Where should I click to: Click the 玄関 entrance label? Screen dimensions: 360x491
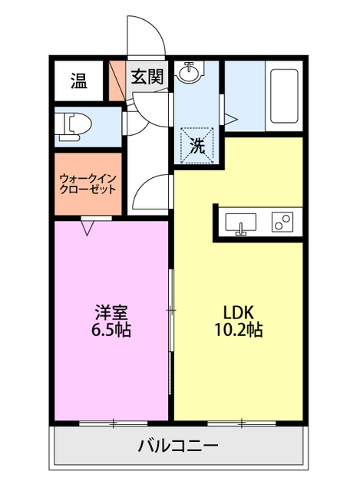[x=147, y=77]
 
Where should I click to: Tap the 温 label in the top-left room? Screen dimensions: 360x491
[x=78, y=81]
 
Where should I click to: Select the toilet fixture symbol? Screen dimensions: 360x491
[x=74, y=126]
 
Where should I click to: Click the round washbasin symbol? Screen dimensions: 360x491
[x=189, y=73]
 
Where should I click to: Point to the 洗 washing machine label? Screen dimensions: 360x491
[x=197, y=146]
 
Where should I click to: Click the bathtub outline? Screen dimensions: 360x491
[x=284, y=96]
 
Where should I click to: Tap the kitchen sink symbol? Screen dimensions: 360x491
[x=240, y=223]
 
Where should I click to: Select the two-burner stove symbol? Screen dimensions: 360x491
[x=282, y=222]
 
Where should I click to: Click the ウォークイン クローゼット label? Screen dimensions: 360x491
[x=88, y=184]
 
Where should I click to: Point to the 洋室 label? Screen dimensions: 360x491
[x=111, y=311]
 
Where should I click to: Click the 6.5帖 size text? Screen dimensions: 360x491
[x=111, y=329]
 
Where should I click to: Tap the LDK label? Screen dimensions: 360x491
[x=238, y=312]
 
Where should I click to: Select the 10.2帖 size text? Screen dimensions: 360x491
[x=238, y=329]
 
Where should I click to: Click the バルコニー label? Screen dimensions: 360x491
[x=178, y=445]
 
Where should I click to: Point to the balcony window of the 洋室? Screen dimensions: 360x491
[x=113, y=423]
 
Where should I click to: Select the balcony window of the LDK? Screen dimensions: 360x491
[x=241, y=423]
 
